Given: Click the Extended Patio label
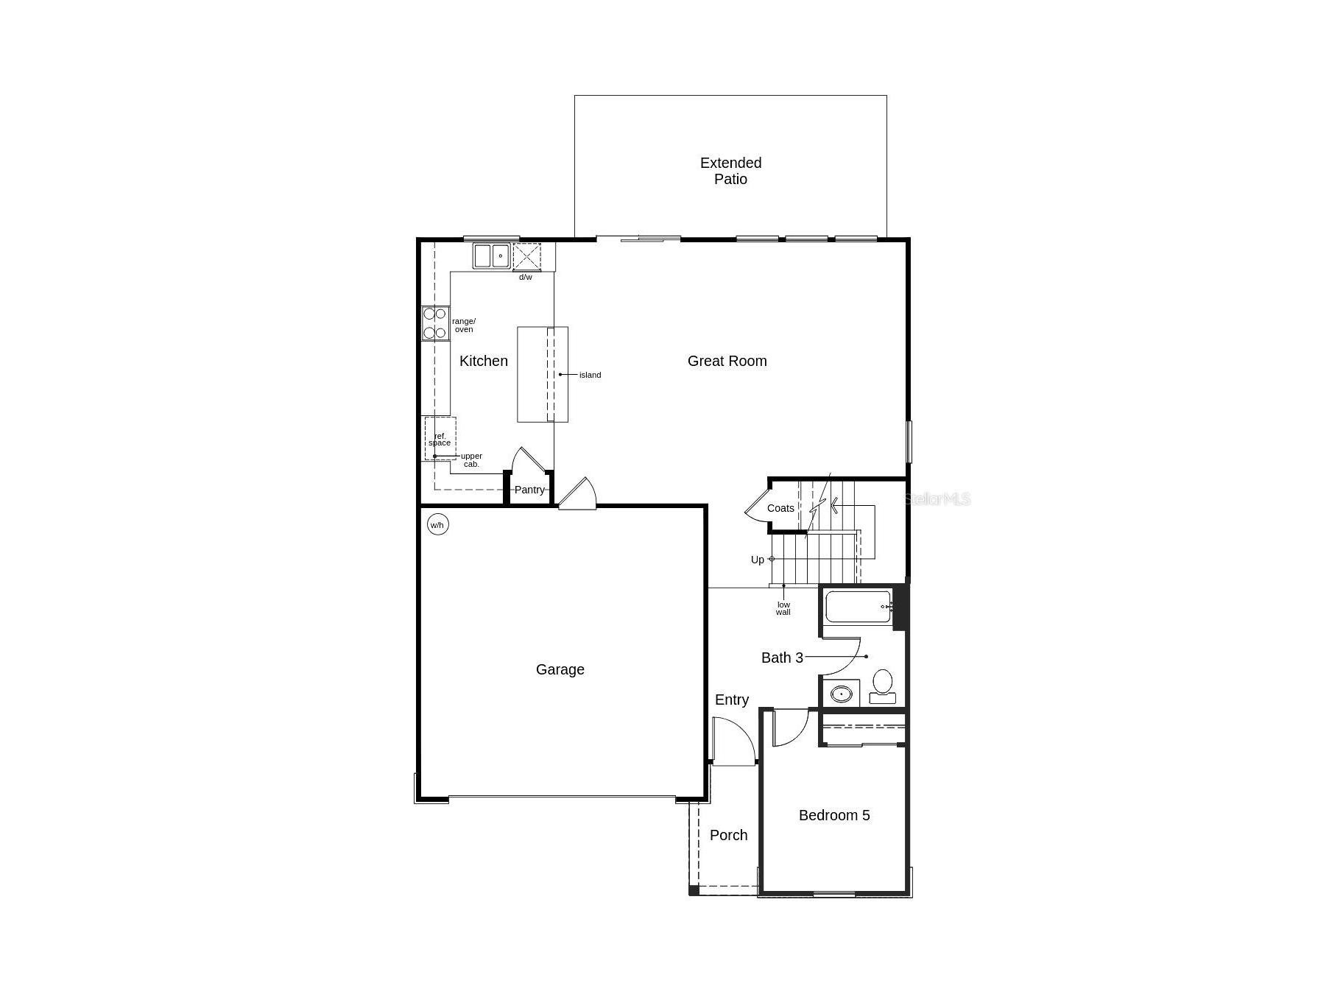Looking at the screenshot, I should pyautogui.click(x=730, y=171).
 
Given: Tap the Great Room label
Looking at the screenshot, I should pyautogui.click(x=727, y=361).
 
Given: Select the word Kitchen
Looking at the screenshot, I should pyautogui.click(x=483, y=361).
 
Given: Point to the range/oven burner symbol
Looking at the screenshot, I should pyautogui.click(x=435, y=323).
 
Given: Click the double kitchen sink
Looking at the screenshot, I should pyautogui.click(x=491, y=256).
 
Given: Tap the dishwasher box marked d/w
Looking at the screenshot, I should pyautogui.click(x=526, y=257).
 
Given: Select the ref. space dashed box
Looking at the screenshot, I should pyautogui.click(x=440, y=439).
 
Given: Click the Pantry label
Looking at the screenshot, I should pyautogui.click(x=529, y=490).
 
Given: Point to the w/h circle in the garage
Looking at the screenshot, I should pyautogui.click(x=437, y=525).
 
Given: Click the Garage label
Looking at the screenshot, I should pyautogui.click(x=560, y=669).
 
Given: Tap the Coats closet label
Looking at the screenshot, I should pyautogui.click(x=780, y=508).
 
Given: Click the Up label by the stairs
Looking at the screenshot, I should pyautogui.click(x=757, y=560).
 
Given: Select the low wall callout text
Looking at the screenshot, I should pyautogui.click(x=783, y=608).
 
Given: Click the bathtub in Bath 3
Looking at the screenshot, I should pyautogui.click(x=857, y=607).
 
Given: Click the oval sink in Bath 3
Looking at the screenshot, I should pyautogui.click(x=841, y=694).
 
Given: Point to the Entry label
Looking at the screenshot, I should pyautogui.click(x=731, y=700).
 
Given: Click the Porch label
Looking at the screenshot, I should pyautogui.click(x=728, y=835).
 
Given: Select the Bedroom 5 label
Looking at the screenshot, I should pyautogui.click(x=833, y=815).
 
